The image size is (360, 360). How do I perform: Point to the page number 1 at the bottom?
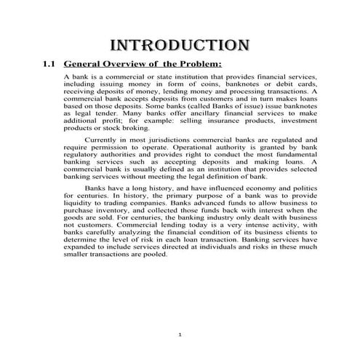tap(180, 334)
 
